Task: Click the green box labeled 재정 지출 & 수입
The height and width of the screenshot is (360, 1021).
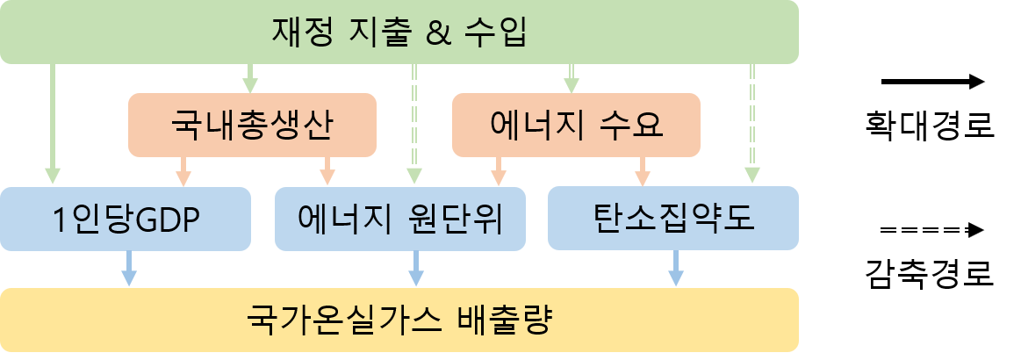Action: (399, 32)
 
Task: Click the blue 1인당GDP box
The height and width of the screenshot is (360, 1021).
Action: (126, 218)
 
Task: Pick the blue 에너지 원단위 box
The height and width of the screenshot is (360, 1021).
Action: (399, 218)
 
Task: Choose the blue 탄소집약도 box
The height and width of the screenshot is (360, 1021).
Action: (673, 218)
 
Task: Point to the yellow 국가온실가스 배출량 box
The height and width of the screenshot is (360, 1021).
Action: (399, 319)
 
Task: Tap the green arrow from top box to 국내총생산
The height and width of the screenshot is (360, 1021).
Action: (249, 78)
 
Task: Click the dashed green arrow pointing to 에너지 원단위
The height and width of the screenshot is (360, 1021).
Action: (413, 123)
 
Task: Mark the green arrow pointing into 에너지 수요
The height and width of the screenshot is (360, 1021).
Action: (572, 78)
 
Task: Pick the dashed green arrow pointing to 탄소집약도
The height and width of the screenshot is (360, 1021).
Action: (752, 123)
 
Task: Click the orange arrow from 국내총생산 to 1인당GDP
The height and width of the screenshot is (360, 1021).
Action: (183, 171)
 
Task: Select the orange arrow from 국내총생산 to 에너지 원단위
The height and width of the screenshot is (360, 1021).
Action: (327, 171)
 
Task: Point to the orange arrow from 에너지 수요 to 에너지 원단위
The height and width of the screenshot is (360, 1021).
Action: (498, 171)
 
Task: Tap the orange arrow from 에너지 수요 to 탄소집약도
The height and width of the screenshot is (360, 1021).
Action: (642, 171)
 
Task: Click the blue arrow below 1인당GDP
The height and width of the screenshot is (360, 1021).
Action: (129, 268)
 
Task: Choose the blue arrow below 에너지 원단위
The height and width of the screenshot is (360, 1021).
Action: (416, 268)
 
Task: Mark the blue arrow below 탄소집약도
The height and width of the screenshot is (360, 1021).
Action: (675, 268)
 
